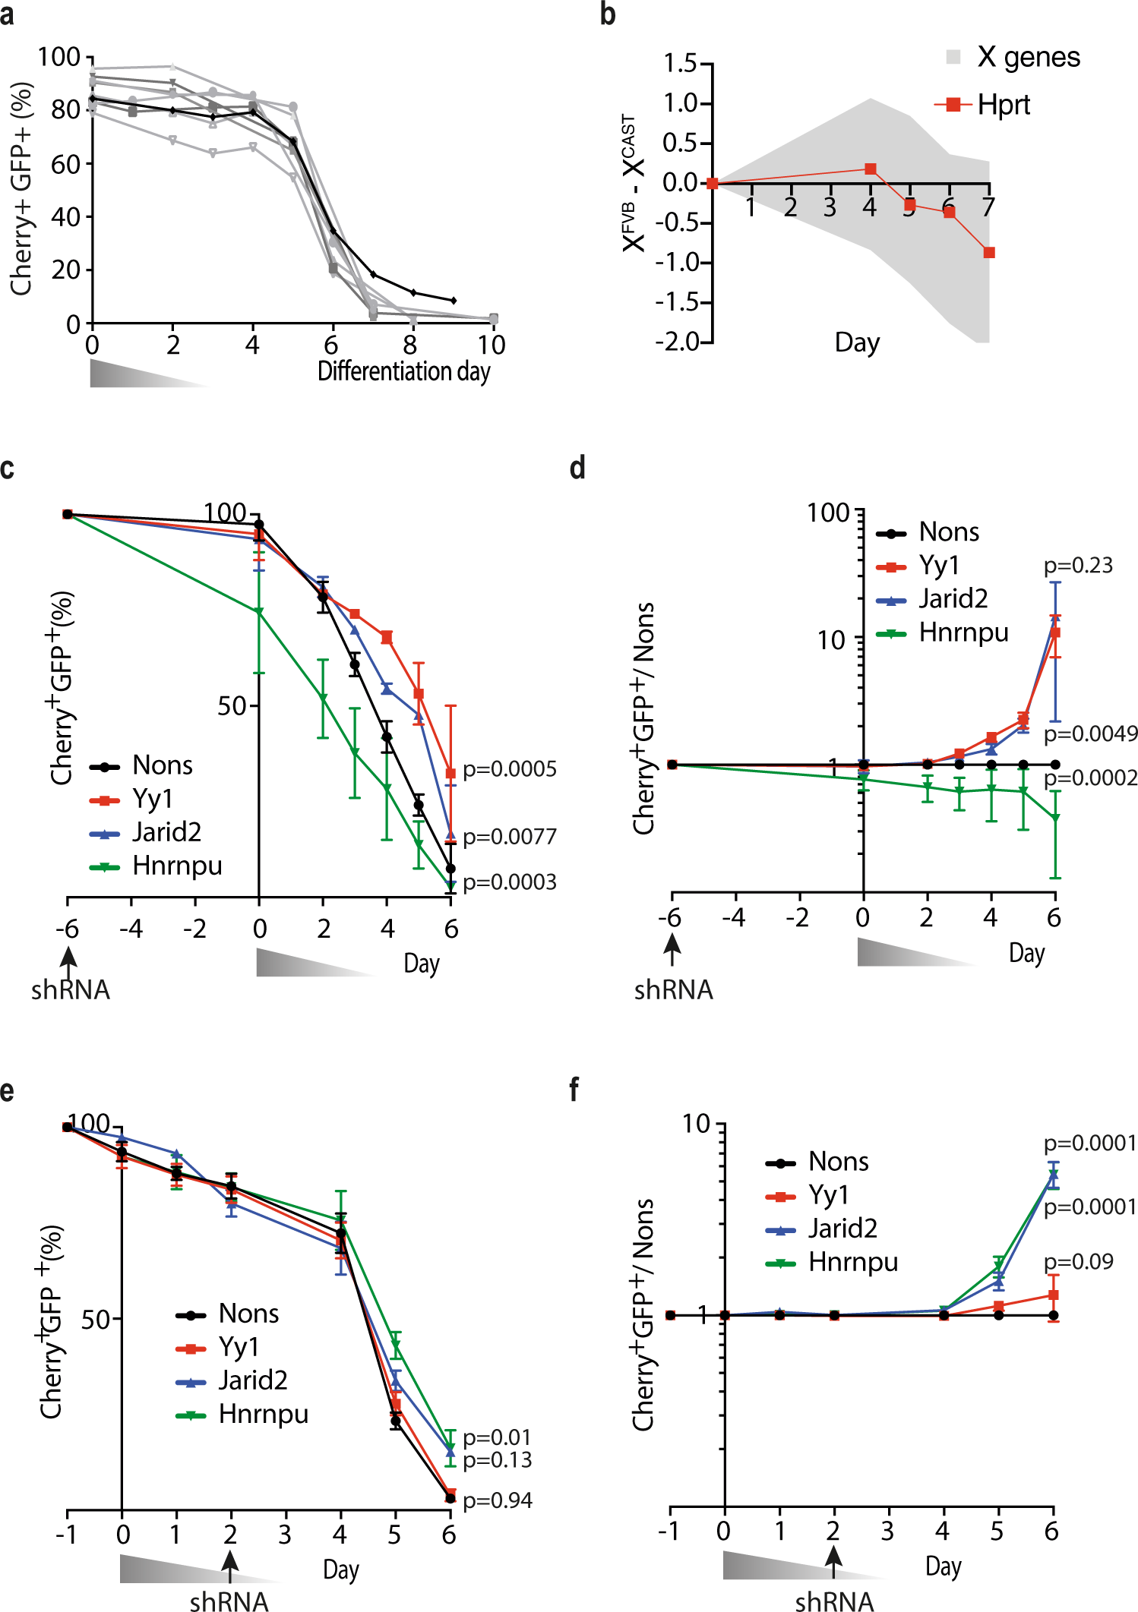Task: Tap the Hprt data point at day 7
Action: point(988,253)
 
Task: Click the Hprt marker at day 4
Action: point(871,169)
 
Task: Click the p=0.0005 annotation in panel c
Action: point(510,769)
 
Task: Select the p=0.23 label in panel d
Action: point(1078,566)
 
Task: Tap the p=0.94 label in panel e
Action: point(498,1500)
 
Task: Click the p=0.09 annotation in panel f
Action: point(1078,1262)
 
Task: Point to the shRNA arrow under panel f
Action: point(833,1564)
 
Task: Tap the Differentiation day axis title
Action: point(403,371)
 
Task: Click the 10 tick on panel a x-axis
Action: point(492,345)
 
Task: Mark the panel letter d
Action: point(577,468)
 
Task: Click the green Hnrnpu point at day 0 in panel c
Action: point(259,611)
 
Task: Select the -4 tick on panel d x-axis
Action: point(734,918)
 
